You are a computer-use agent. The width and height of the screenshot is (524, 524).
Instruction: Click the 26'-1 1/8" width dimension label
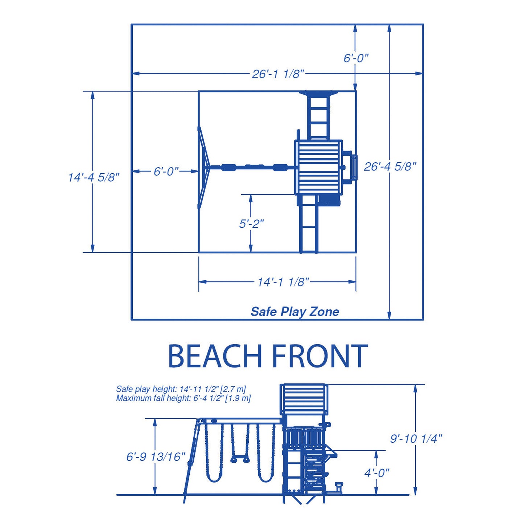pyautogui.click(x=277, y=74)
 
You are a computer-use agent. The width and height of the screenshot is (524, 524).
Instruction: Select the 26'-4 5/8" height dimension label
pyautogui.click(x=390, y=167)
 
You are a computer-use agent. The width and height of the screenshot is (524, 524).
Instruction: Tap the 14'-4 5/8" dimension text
pyautogui.click(x=94, y=178)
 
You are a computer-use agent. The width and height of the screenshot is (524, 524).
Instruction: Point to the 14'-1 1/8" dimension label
pyautogui.click(x=283, y=282)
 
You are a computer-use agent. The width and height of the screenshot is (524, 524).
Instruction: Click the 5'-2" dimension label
pyautogui.click(x=252, y=224)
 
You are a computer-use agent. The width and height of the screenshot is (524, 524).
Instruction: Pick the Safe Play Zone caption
pyautogui.click(x=295, y=312)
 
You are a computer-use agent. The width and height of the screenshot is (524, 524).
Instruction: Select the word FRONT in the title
pyautogui.click(x=320, y=356)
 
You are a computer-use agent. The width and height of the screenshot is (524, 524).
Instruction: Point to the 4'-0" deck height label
pyautogui.click(x=377, y=474)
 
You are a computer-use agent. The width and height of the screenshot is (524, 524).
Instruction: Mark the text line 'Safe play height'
pyautogui.click(x=181, y=389)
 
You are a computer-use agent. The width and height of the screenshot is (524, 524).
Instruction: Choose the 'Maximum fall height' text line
pyautogui.click(x=183, y=399)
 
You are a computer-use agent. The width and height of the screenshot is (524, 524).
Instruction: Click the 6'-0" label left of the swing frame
pyautogui.click(x=166, y=171)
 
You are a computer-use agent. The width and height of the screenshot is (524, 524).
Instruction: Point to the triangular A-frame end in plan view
pyautogui.click(x=204, y=168)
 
